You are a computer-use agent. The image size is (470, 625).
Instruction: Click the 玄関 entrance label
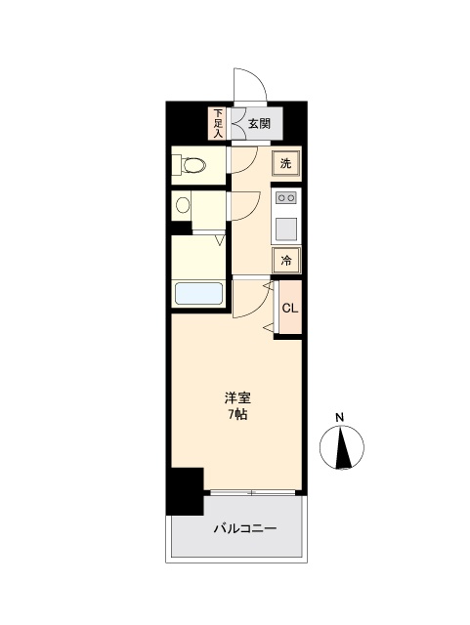[259, 124]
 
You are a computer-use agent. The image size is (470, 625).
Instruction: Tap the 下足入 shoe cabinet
[218, 123]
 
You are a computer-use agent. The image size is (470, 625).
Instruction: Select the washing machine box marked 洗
[285, 163]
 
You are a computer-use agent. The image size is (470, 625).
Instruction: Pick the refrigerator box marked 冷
[285, 261]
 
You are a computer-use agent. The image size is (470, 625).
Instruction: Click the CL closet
[290, 308]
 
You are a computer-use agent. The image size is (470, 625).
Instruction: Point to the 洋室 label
[237, 397]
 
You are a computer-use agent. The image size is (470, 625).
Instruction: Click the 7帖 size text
[237, 414]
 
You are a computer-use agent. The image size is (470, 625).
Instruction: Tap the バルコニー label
[245, 529]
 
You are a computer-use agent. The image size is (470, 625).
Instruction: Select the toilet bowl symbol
[193, 165]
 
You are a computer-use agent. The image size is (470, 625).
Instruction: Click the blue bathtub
[198, 293]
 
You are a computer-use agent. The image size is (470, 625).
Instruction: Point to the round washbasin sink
[183, 205]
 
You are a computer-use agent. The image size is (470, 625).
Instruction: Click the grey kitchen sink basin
[286, 229]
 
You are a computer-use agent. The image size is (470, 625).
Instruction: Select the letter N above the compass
[339, 418]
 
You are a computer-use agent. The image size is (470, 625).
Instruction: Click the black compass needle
[343, 446]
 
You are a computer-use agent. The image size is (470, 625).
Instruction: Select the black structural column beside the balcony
[185, 491]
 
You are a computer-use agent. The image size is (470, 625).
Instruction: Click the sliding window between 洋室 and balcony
[252, 492]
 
